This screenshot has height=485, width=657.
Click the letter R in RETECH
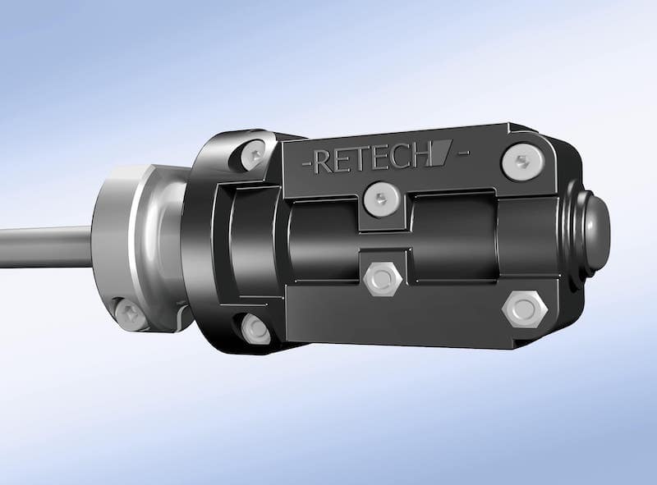[x=324, y=162]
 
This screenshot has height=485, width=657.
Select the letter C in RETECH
[x=402, y=158]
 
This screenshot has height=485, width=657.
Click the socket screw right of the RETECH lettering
[x=522, y=162]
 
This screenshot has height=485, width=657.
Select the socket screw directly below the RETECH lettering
[x=382, y=199]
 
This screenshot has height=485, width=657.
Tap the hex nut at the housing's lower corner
[x=525, y=309]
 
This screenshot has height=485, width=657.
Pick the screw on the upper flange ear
[x=255, y=153]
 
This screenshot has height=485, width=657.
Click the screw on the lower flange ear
[x=255, y=330]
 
